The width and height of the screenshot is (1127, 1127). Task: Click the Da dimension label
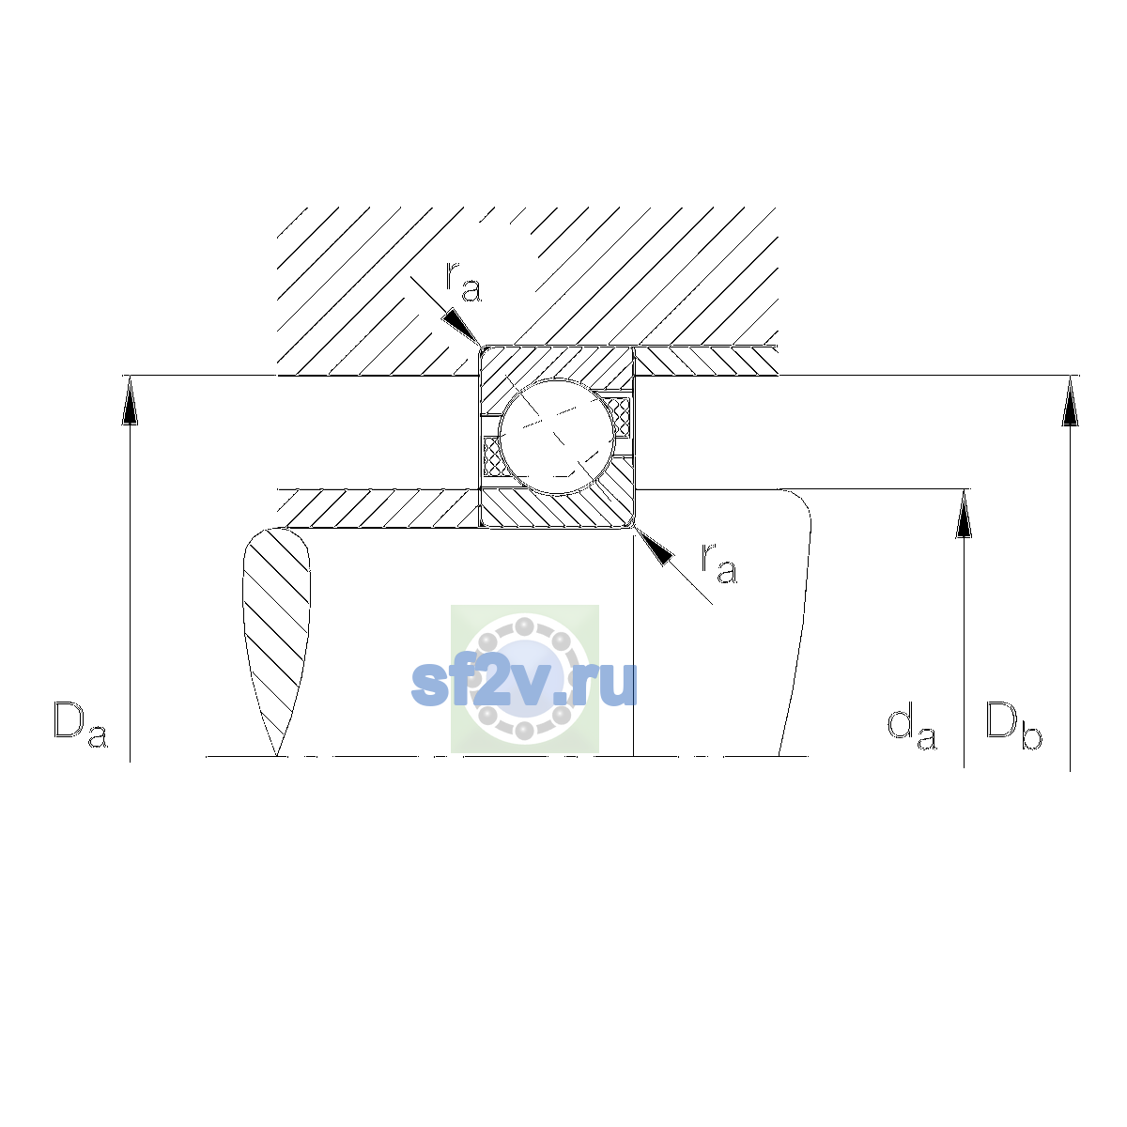(x=81, y=725)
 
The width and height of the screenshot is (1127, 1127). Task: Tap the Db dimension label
(x=1013, y=725)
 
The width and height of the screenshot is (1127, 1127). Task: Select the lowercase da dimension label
(x=912, y=728)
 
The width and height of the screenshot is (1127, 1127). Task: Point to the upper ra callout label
(x=463, y=282)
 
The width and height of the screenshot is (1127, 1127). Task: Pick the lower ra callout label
(x=719, y=563)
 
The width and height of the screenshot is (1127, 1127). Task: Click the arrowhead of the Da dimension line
(x=130, y=400)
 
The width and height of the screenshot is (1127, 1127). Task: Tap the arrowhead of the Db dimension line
(x=1070, y=401)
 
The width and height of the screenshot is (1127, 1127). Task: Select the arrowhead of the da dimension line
(x=964, y=514)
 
